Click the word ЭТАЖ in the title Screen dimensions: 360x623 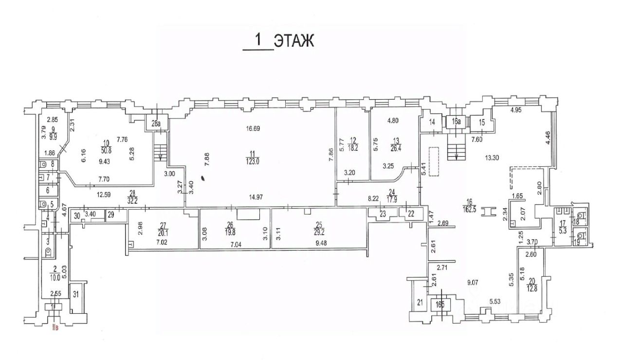tap(293, 41)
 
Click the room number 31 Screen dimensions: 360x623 tap(75, 294)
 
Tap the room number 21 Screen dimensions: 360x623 tap(419, 304)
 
